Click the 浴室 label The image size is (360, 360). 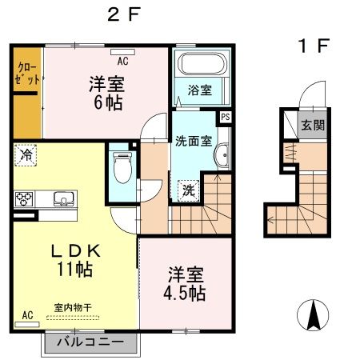point(199,91)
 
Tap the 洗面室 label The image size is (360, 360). point(194,141)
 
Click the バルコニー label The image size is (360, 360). point(90,342)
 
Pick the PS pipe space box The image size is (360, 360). point(226,117)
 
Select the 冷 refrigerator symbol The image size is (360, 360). point(26,154)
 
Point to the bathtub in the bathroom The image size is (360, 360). point(200,65)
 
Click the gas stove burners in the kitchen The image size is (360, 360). point(23,198)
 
